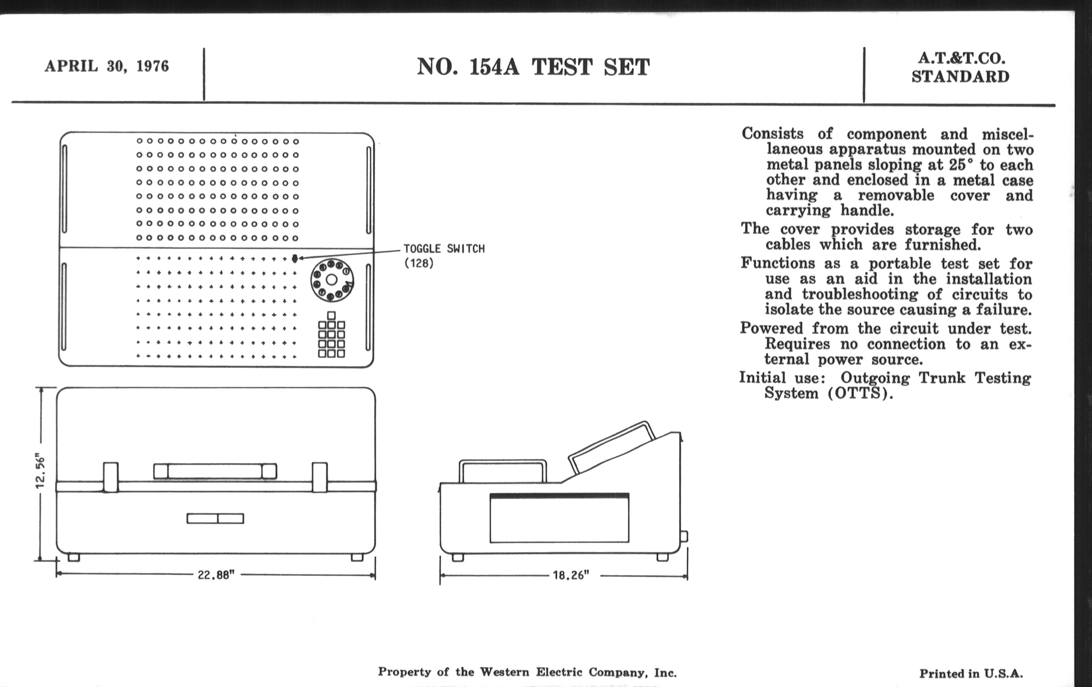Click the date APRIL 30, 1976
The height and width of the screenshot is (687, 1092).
106,66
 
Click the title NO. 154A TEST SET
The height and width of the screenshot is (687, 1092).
533,67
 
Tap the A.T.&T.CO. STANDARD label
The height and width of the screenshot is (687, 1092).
960,67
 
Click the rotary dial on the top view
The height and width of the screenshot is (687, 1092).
332,280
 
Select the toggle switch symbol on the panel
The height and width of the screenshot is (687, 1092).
295,259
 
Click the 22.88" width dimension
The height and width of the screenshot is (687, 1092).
216,575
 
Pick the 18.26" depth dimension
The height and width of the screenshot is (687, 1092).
571,575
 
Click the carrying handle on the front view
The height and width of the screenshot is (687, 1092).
215,471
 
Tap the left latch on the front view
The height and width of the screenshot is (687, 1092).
110,477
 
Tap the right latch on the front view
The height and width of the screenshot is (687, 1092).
319,477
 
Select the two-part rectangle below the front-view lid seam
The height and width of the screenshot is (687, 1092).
216,518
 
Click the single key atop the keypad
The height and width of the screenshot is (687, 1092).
331,315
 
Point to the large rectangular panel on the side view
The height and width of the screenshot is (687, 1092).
559,518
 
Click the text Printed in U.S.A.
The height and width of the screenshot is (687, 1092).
971,674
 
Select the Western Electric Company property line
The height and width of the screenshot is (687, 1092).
527,672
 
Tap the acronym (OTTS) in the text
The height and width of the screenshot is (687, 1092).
860,393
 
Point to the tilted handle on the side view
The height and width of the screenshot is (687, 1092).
611,447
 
